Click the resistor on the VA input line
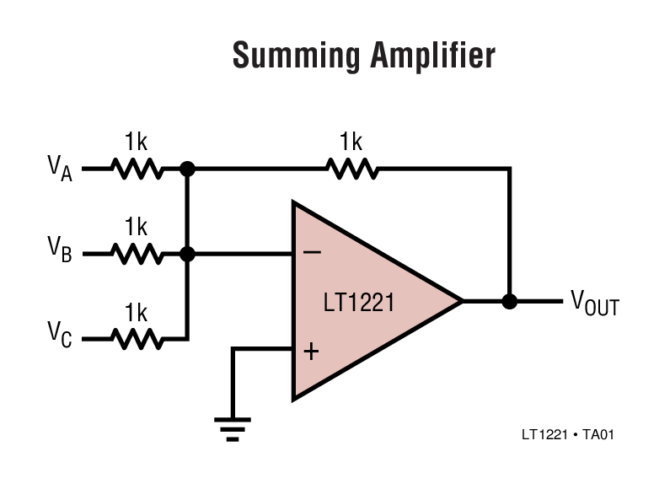pos(137,169)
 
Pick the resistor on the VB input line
pos(137,253)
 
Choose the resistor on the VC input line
pos(137,338)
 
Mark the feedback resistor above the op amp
pos(352,169)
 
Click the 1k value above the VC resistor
pos(136,313)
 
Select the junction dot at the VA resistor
pos(188,169)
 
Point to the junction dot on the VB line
pos(188,253)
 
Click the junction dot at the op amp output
pos(509,301)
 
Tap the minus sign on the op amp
pos(310,252)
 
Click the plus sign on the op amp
pos(311,351)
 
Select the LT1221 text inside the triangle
pos(359,302)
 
